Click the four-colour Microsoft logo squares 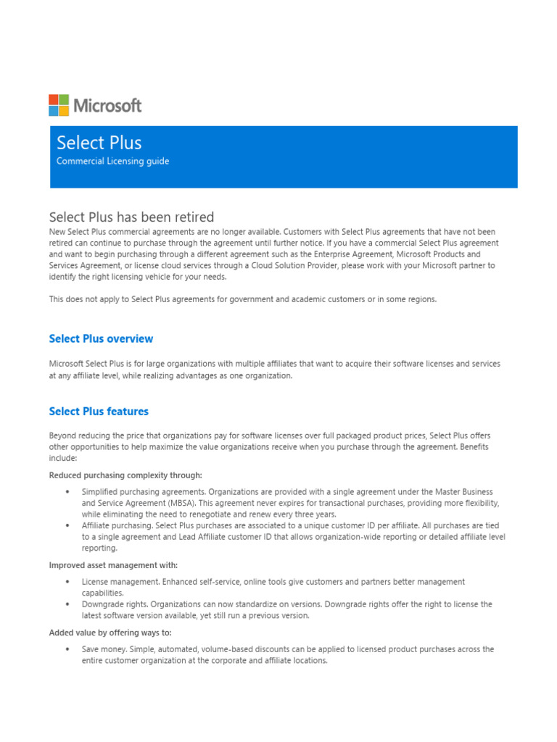[x=59, y=105]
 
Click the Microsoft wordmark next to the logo [x=108, y=106]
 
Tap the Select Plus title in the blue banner [x=99, y=143]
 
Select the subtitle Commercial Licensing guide [x=113, y=161]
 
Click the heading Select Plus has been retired [x=131, y=217]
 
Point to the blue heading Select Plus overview [x=101, y=338]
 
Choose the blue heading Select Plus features [x=99, y=411]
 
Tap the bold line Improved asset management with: [x=113, y=565]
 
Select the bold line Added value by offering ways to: [x=110, y=633]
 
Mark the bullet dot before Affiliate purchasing [x=67, y=525]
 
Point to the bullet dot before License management [x=67, y=582]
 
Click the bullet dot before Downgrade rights [x=67, y=604]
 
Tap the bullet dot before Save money [x=67, y=649]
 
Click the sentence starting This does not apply [x=243, y=299]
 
